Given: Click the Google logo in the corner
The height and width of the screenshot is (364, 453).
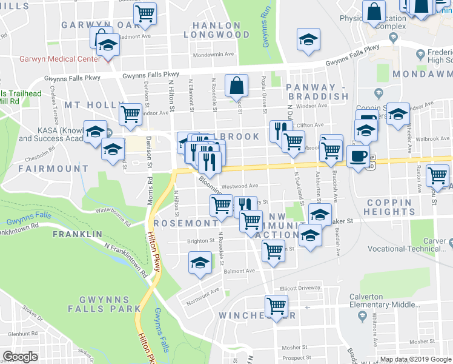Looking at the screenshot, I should pyautogui.click(x=20, y=357).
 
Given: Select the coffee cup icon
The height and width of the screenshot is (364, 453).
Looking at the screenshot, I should pyautogui.click(x=358, y=156).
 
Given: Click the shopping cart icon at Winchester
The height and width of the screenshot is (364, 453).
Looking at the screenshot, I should pyautogui.click(x=276, y=306).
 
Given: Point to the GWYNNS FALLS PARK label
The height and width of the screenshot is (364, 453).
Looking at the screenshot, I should pyautogui.click(x=104, y=305).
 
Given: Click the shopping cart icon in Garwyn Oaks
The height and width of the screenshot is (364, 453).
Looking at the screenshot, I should pyautogui.click(x=145, y=13).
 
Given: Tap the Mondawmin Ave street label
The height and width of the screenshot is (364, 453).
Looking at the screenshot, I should pyautogui.click(x=213, y=54).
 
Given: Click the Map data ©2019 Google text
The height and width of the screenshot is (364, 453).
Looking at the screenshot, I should pyautogui.click(x=415, y=359).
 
